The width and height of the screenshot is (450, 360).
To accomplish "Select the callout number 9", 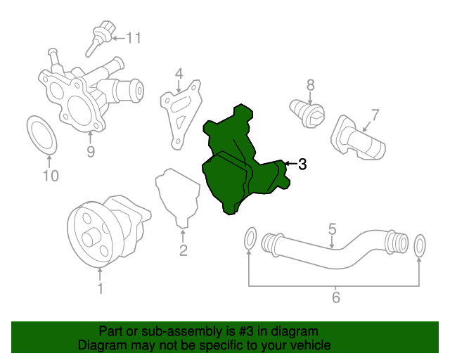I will [x=91, y=150].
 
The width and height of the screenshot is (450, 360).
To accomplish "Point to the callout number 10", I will [x=51, y=176].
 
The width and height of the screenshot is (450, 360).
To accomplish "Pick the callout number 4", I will [x=179, y=73].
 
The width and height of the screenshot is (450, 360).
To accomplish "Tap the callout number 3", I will [x=302, y=165].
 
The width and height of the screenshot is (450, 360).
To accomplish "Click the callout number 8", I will [x=310, y=85].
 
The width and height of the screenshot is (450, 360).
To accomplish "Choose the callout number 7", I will [x=375, y=114].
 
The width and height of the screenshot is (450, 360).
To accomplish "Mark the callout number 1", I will [x=100, y=288].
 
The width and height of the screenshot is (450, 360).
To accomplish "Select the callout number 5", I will [x=332, y=229].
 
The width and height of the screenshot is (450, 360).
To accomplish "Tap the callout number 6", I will [x=335, y=298].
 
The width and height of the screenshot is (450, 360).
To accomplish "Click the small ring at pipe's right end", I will [x=420, y=245].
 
